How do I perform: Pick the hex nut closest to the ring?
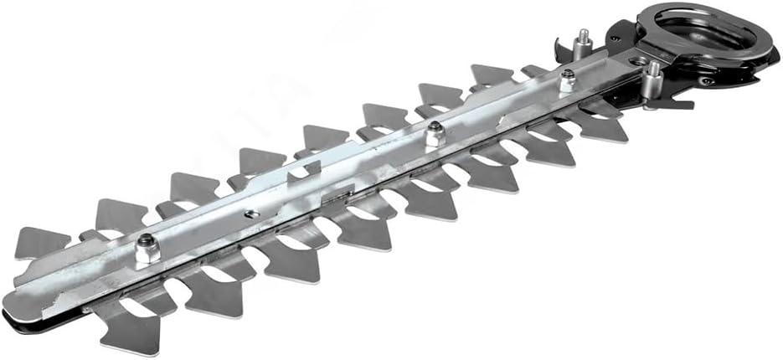tap(566, 80)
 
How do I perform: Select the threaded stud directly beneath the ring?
tap(652, 81)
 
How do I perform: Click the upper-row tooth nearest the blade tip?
tap(38, 243)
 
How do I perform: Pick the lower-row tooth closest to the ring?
tap(605, 126)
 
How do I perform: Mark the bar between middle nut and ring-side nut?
tap(502, 107)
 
